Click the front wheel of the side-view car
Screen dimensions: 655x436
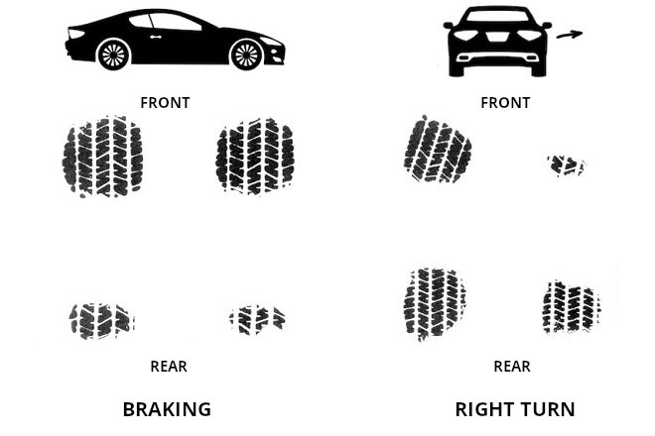point(245,54)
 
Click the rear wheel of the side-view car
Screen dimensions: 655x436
point(114,54)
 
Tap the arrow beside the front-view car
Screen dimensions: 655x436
point(569,36)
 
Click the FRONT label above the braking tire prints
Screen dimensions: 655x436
point(165,103)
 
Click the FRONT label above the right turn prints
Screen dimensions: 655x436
point(505,103)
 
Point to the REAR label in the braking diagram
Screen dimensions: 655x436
point(169,367)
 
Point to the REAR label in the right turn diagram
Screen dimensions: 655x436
point(512,367)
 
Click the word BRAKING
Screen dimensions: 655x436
point(167,409)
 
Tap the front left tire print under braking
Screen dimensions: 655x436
point(101,157)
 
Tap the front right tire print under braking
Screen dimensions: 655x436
point(255,156)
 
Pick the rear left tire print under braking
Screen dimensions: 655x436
point(100,320)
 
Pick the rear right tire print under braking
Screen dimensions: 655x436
point(257,318)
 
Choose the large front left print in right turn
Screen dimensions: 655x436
point(438,151)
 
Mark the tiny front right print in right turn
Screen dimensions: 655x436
point(567,164)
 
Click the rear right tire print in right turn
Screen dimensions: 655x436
point(571,306)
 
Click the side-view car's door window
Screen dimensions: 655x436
point(174,22)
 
